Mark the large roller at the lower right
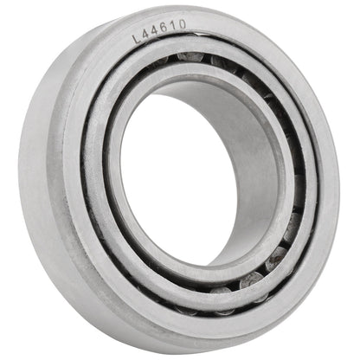(253, 279)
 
